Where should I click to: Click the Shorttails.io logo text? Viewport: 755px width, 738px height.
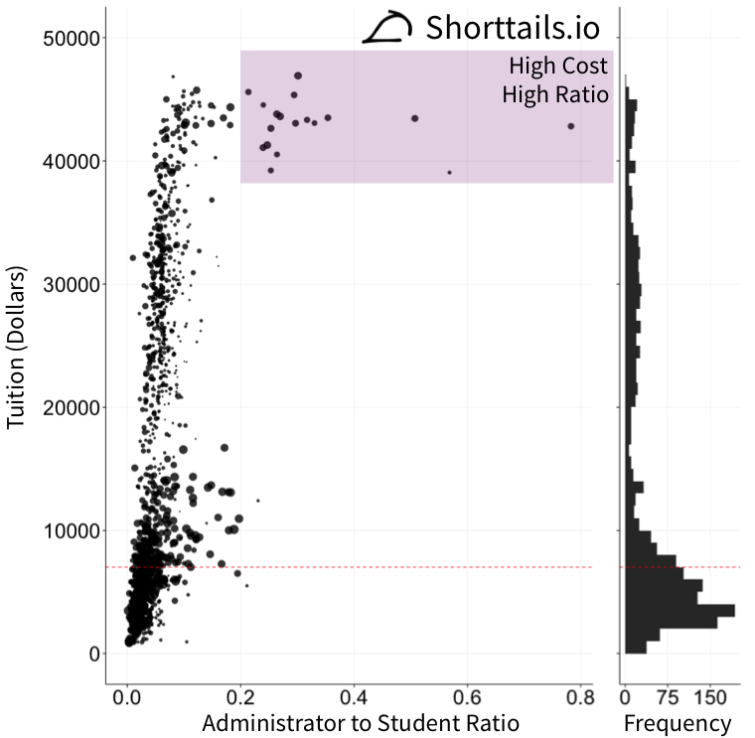pos(513,28)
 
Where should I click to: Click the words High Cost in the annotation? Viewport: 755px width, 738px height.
pos(557,68)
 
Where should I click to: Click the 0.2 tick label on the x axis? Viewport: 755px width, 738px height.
pos(241,698)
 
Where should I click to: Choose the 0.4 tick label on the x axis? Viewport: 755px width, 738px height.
pos(355,698)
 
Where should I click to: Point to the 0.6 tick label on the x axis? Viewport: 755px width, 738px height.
pos(468,698)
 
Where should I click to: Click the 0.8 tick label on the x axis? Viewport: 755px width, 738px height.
pos(580,698)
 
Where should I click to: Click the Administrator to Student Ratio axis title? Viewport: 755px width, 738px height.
pos(361,724)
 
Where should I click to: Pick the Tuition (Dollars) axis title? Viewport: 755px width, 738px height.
pos(17,347)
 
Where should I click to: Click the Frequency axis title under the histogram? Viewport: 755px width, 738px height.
pos(677,724)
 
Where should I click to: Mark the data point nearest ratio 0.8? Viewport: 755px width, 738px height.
pos(571,126)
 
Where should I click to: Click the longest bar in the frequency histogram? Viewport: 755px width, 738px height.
pos(679,610)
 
